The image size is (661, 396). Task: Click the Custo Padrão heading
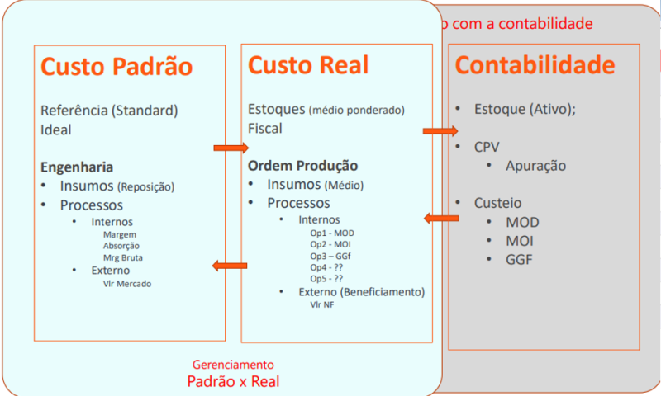(117, 67)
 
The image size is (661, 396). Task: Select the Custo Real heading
(308, 65)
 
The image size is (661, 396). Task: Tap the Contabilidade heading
(535, 65)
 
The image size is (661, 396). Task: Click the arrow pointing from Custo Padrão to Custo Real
(231, 148)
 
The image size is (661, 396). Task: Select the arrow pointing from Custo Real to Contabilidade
(440, 130)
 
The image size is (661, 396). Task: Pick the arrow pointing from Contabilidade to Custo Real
(441, 218)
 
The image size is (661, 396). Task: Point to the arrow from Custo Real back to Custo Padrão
(230, 265)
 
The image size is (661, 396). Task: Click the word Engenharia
(77, 167)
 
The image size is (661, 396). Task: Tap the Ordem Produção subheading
(303, 165)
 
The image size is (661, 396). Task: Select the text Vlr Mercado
(127, 284)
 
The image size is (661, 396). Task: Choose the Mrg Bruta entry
(120, 257)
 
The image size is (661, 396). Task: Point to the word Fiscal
(265, 129)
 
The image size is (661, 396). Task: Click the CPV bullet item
(487, 147)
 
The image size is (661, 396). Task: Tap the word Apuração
(536, 166)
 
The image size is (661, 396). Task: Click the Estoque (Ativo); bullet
(525, 109)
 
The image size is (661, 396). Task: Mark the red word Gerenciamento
(233, 363)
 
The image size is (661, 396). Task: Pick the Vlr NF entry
(321, 304)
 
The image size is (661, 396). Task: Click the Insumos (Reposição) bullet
(117, 186)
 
